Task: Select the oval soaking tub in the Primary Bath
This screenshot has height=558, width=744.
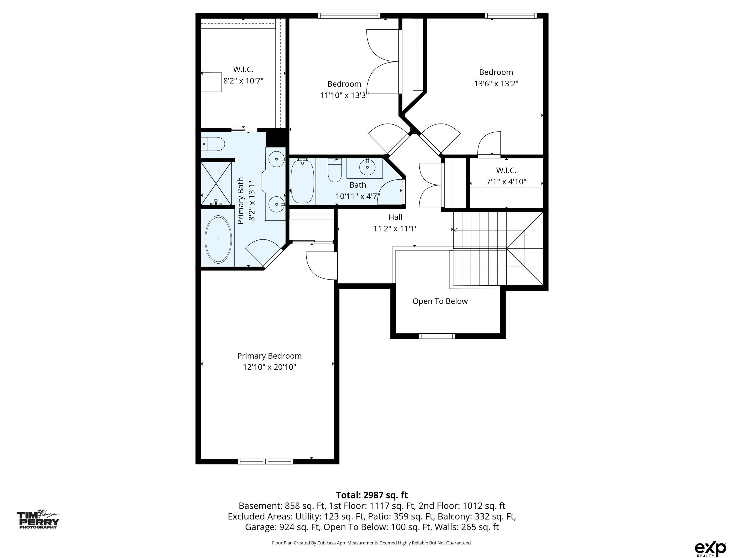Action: coord(218,239)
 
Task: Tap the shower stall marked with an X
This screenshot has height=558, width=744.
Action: coord(216,184)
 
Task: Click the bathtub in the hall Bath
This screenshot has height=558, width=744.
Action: coord(302,181)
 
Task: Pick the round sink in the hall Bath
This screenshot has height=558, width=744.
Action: coord(367,167)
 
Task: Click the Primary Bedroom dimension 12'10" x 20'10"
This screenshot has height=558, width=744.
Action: coord(269,367)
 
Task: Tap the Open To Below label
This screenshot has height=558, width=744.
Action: coord(440,301)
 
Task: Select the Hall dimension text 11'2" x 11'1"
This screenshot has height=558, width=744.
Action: coord(395,229)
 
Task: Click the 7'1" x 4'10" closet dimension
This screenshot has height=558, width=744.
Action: coord(506,182)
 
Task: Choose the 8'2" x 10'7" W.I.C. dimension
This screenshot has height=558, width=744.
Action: coord(243,81)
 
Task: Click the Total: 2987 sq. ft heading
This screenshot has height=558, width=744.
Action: coord(372,495)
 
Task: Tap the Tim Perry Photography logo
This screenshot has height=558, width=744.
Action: coord(38,520)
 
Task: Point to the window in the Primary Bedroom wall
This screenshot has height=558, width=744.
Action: coord(265,462)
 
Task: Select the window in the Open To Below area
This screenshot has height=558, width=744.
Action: coord(437,336)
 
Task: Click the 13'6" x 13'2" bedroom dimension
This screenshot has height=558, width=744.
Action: coord(496,83)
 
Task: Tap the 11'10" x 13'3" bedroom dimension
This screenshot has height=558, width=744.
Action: coord(344,95)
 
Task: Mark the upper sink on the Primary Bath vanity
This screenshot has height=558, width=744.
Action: coord(277,159)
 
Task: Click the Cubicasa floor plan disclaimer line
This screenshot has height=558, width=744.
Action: coord(372,543)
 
